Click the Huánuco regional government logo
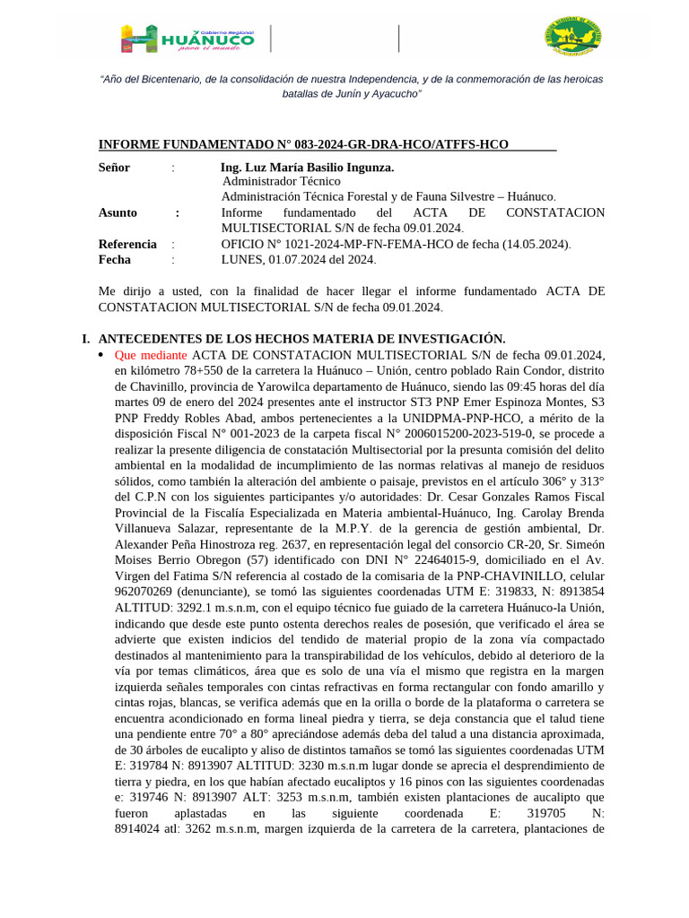188,39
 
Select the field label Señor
114,168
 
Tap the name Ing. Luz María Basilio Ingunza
307,168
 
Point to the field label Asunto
118,212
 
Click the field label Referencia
127,244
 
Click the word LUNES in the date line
241,260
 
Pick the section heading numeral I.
85,339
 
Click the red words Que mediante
151,355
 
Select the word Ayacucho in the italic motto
391,93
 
